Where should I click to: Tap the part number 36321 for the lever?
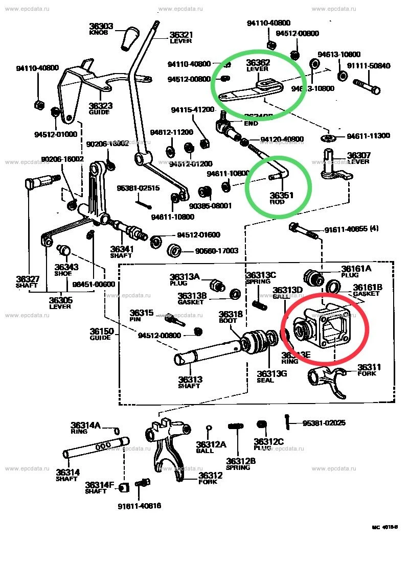pyautogui.click(x=181, y=35)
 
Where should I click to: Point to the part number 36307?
pyautogui.click(x=358, y=155)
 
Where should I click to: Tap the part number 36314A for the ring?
pyautogui.click(x=86, y=425)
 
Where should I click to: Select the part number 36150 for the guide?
pyautogui.click(x=100, y=331)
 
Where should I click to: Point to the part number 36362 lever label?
pyautogui.click(x=258, y=63)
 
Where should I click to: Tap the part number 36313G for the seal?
pyautogui.click(x=271, y=373)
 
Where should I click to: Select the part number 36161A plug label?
pyautogui.click(x=356, y=268)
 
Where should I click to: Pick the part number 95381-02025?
pyautogui.click(x=324, y=422)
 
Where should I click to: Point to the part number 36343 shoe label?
pyautogui.click(x=66, y=267)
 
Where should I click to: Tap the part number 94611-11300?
pyautogui.click(x=368, y=136)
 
